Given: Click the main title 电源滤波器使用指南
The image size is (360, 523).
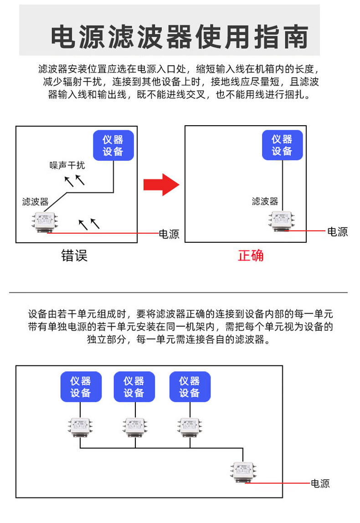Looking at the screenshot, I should click(x=179, y=37).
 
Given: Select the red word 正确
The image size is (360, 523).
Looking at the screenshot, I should click(x=251, y=256).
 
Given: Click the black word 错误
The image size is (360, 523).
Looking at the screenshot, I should click(x=74, y=256).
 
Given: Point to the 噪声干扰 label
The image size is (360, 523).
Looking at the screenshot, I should click(x=67, y=165).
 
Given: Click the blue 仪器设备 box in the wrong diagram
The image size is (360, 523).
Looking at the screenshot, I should click(x=113, y=146).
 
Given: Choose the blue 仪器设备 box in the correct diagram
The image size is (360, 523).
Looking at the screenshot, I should click(x=282, y=145).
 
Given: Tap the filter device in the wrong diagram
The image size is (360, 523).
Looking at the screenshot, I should click(x=46, y=222).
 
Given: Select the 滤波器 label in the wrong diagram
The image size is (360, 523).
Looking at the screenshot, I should click(x=35, y=202).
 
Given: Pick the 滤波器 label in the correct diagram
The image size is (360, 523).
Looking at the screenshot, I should click(x=265, y=201).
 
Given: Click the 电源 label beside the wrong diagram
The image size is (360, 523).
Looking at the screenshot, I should click(x=169, y=234).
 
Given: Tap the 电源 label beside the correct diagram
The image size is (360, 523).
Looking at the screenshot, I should click(x=338, y=231).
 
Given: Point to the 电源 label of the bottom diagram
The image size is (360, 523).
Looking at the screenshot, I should click(x=320, y=484).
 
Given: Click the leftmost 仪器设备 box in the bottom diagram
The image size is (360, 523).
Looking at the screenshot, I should click(x=81, y=387).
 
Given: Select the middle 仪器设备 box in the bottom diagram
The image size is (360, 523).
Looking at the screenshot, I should click(x=134, y=387).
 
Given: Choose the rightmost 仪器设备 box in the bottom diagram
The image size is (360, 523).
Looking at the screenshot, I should click(x=190, y=387).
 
